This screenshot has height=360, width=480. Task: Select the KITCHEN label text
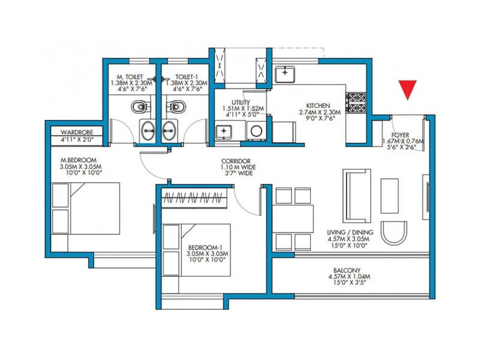[315, 105]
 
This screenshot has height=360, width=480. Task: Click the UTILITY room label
[241, 102]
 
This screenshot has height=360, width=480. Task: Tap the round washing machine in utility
[256, 131]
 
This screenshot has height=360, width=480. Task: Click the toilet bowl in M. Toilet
[139, 105]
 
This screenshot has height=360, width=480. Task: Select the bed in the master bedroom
[85, 209]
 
